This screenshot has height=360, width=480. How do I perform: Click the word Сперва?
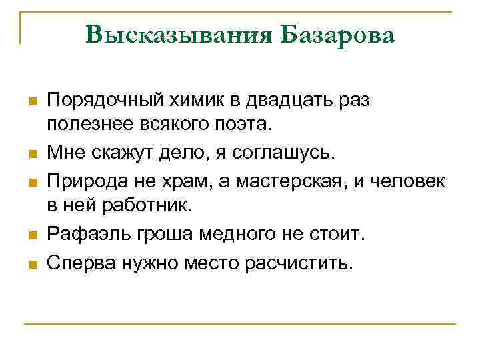coord(80,263)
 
